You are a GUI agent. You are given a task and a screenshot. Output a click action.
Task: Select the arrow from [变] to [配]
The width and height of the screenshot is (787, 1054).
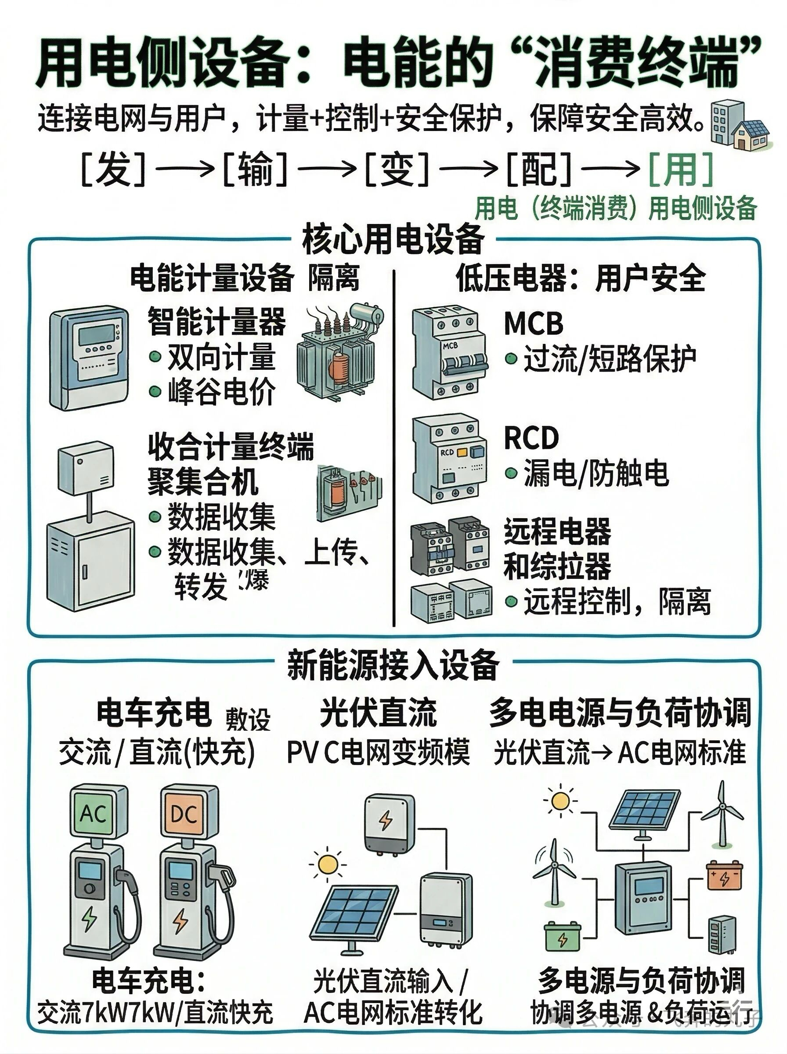(468, 169)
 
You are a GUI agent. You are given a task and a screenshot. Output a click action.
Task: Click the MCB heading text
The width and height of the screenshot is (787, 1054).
(534, 323)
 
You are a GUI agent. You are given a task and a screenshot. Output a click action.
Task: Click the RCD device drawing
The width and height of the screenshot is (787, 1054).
(449, 458)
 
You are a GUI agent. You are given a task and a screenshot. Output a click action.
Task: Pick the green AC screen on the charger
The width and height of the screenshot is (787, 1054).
(94, 813)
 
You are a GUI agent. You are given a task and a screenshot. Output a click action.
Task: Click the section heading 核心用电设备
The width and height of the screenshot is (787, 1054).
(393, 239)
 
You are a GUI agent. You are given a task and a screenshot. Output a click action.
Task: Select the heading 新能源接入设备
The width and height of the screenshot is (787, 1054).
(393, 665)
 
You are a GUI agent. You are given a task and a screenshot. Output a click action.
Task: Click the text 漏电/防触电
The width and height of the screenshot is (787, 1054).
(596, 473)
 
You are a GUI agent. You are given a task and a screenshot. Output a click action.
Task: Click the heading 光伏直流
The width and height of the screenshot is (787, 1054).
(378, 712)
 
